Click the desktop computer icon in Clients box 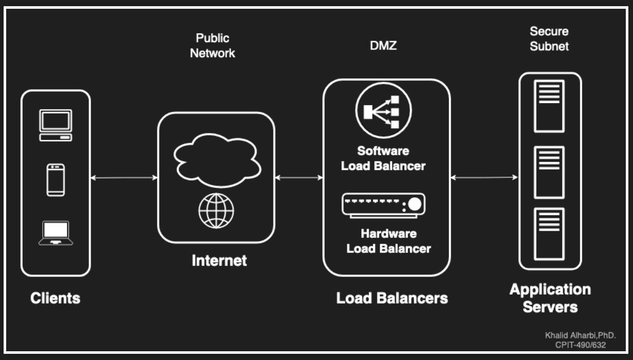tap(56, 125)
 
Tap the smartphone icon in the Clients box tap(56, 180)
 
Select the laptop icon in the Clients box tap(56, 233)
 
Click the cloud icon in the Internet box tap(217, 160)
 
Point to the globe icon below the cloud tap(216, 211)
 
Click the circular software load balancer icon tap(383, 110)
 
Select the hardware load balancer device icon tap(383, 205)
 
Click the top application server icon tap(549, 106)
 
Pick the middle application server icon tap(549, 172)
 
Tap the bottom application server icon tap(549, 234)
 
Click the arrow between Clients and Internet tap(124, 178)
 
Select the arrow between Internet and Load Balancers tap(299, 178)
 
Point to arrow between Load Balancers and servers tap(484, 178)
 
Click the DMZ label tap(383, 45)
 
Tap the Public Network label tap(213, 45)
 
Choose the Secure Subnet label tap(549, 39)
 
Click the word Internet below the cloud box tap(219, 261)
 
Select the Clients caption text tap(56, 298)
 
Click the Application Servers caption tap(550, 298)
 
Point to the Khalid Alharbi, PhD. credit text tap(581, 335)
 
